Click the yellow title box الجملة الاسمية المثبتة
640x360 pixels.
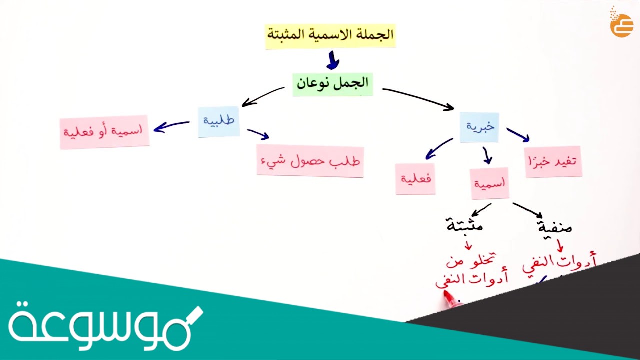coord(330,35)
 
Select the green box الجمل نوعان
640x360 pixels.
coord(332,83)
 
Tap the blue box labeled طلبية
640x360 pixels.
coord(219,121)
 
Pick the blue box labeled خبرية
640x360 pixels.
coord(479,127)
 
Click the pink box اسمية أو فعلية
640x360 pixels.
coord(104,132)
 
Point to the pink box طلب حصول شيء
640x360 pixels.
coord(310,161)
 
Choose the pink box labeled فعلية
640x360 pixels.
coord(415,179)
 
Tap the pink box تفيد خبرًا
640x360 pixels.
coord(553,161)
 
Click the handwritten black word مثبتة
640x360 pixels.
coord(465,225)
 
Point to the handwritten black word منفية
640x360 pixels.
coord(554,227)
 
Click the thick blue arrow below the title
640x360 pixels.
coord(333,61)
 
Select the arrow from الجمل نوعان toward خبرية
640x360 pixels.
coord(418,98)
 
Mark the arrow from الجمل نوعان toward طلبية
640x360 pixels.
coord(263,97)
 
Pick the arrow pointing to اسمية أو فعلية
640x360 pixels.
coord(171,126)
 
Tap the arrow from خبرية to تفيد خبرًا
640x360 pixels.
coord(518,135)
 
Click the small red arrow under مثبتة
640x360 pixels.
coord(468,245)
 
